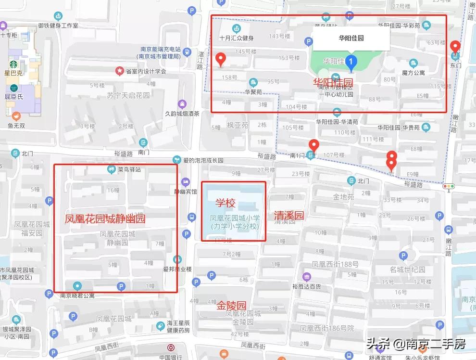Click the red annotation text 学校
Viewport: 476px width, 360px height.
(x=225, y=203)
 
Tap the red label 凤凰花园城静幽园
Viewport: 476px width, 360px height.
(x=105, y=219)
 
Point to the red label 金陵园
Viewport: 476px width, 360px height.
(x=231, y=305)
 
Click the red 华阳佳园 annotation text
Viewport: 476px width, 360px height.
(x=333, y=82)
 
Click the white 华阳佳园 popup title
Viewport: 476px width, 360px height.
(x=351, y=38)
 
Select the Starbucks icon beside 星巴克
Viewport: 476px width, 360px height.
(x=13, y=64)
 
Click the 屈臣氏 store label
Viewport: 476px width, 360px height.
(x=14, y=97)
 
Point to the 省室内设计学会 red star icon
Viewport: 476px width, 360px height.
(x=119, y=71)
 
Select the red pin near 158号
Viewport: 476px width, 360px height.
(x=221, y=59)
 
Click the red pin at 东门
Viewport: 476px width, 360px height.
(x=455, y=47)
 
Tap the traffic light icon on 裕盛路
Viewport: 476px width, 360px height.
(x=449, y=187)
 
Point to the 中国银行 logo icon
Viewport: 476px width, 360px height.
(x=170, y=348)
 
